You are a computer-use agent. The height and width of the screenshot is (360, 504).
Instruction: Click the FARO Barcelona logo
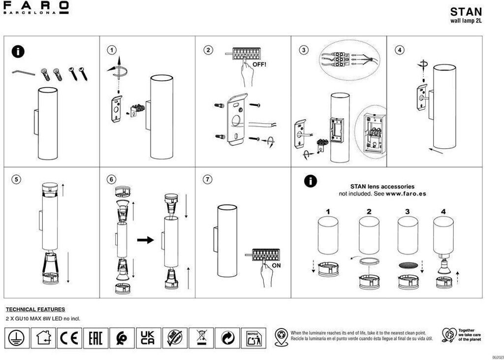[x=36, y=8]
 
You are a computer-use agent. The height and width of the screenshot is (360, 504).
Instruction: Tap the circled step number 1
[x=113, y=50]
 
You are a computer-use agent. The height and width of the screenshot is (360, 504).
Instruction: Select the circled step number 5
[x=17, y=179]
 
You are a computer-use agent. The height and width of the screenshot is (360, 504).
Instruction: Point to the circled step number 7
[x=208, y=179]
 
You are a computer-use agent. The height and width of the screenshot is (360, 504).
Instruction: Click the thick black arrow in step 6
[x=145, y=240]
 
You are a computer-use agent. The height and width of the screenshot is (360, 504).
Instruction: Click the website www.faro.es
[x=406, y=194]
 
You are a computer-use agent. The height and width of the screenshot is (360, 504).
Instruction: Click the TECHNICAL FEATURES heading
[x=35, y=309]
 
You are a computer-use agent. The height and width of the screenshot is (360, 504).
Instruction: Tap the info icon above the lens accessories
[x=310, y=181]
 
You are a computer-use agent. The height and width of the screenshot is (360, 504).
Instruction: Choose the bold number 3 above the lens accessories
[x=407, y=212]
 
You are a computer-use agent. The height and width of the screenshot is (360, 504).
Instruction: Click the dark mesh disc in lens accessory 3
[x=408, y=265]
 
